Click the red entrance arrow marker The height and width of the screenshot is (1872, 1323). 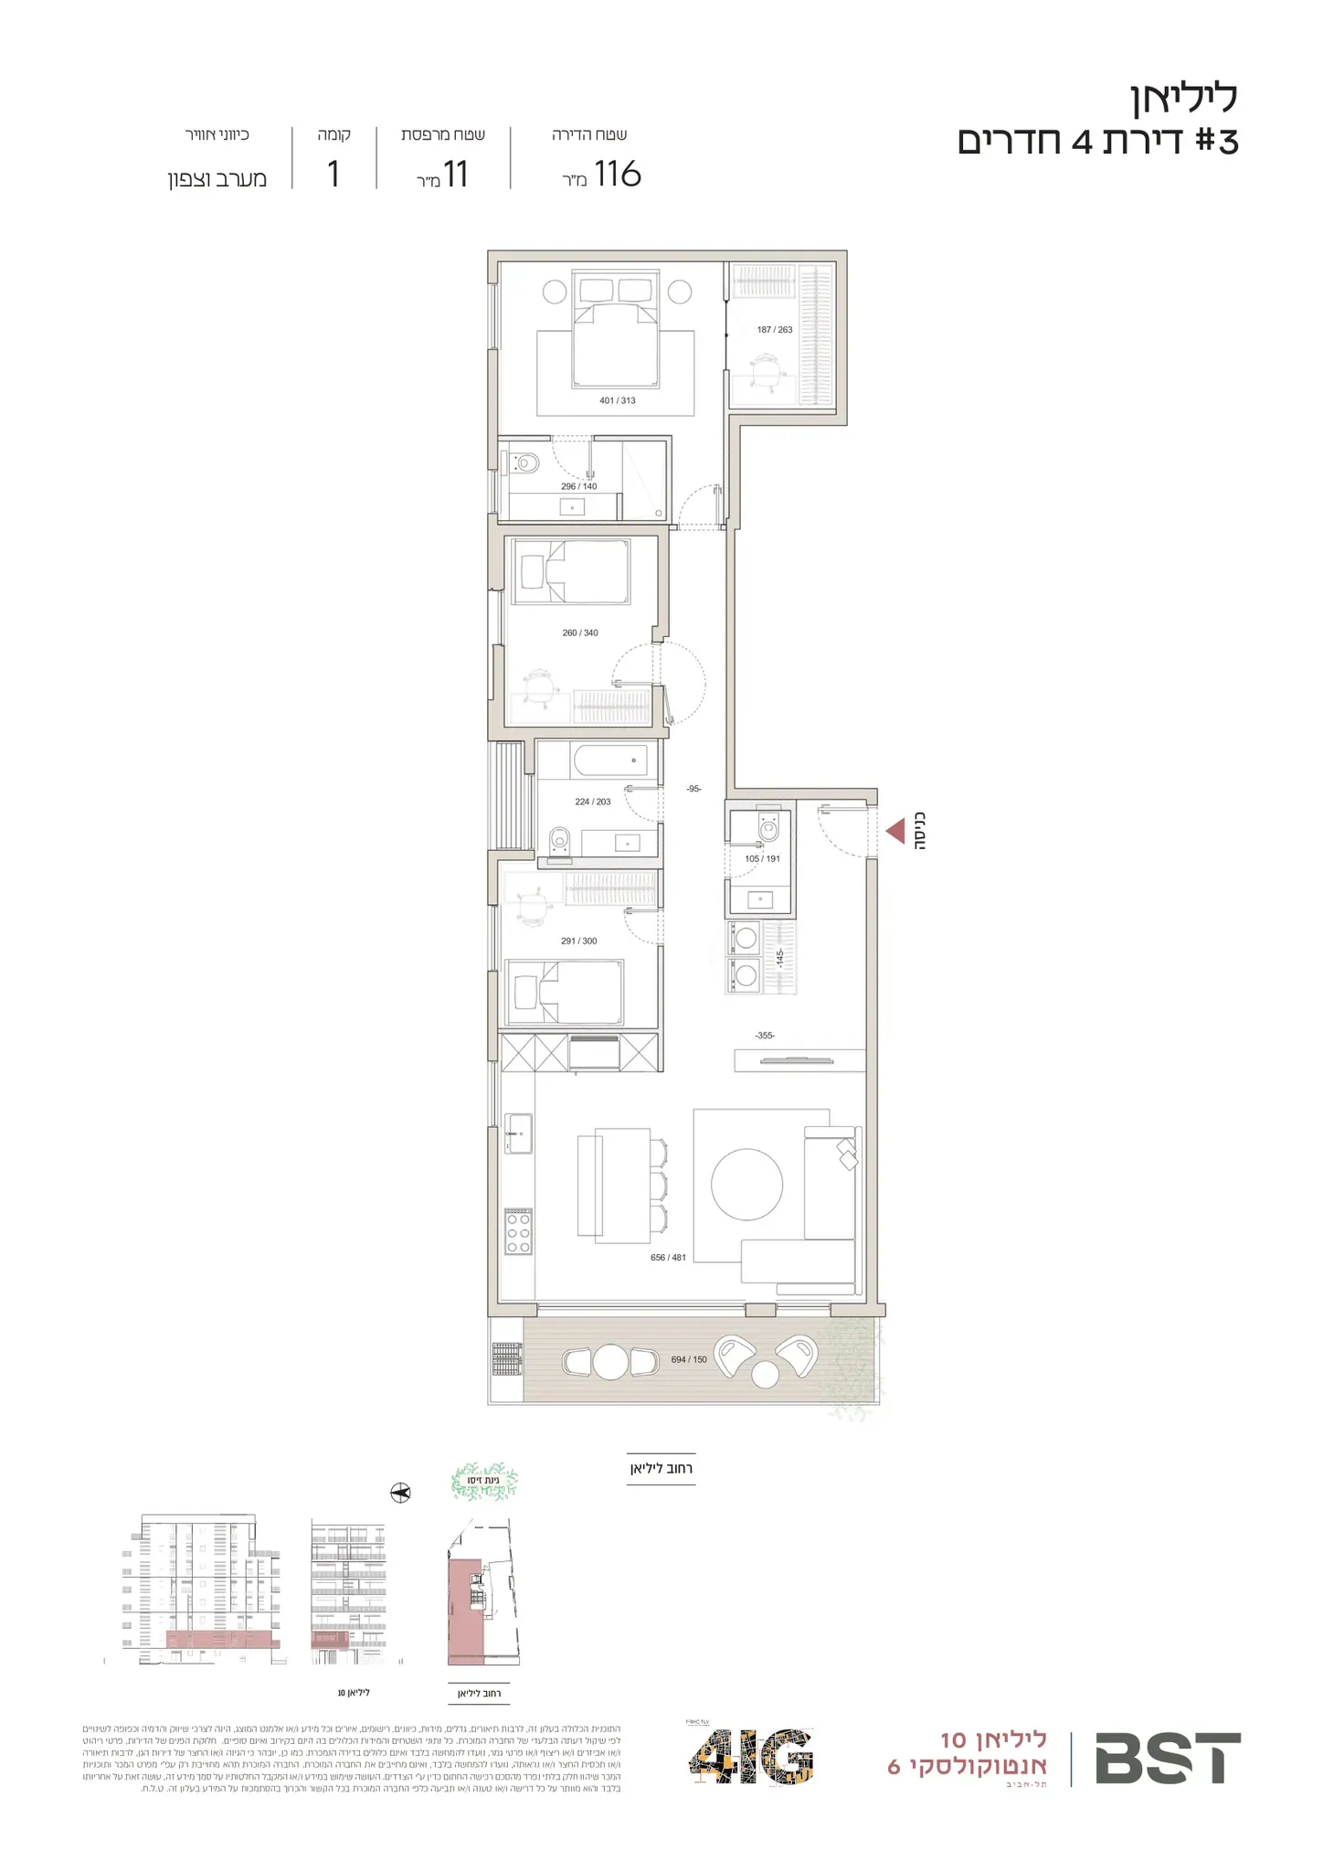(895, 831)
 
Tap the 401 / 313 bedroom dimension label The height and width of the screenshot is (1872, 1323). (618, 400)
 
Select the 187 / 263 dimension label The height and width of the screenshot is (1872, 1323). (775, 330)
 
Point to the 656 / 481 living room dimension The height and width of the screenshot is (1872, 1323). (668, 1258)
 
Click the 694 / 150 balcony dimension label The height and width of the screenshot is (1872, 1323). (689, 1359)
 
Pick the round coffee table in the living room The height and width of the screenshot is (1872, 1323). (746, 1184)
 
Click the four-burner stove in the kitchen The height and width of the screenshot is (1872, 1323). (519, 1231)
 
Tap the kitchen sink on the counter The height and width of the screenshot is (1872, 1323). (518, 1133)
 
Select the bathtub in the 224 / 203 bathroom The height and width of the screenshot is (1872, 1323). (609, 760)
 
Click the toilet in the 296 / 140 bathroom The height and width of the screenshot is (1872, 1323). (524, 463)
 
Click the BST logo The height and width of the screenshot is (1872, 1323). (1168, 1759)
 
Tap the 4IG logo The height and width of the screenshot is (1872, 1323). (751, 1757)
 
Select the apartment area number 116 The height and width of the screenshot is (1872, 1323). (618, 174)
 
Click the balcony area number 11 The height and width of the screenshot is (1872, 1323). (455, 174)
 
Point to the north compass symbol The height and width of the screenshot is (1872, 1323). (400, 1494)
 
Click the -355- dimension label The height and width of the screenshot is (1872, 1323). (765, 1036)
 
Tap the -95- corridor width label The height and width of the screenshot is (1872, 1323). (694, 789)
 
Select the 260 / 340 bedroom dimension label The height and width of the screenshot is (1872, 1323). (580, 633)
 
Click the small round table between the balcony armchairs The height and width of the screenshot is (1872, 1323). (765, 1374)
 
